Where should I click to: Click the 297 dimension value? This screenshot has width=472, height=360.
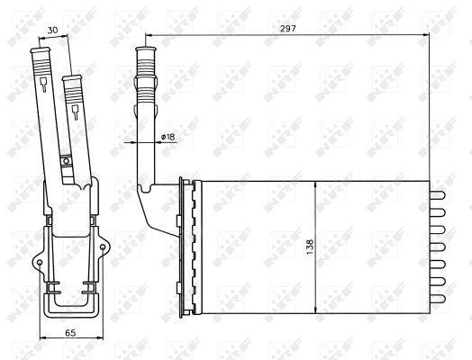288,29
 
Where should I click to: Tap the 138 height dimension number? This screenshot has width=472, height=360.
310,247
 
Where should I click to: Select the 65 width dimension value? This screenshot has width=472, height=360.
70,333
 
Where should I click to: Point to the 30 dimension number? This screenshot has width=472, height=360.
52,30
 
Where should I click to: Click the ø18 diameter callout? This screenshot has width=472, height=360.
168,137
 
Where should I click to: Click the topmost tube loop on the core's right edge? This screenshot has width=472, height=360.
438,195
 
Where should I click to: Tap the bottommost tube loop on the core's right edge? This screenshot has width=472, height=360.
438,299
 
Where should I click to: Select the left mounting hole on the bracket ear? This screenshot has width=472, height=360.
40,263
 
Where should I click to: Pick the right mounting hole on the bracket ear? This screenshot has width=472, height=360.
103,247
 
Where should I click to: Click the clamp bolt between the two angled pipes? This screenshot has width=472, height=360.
66,161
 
